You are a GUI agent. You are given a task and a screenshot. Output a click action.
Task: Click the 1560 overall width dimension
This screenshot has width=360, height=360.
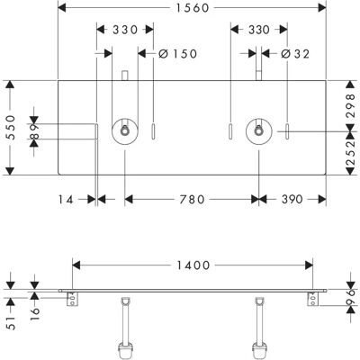point(192,8)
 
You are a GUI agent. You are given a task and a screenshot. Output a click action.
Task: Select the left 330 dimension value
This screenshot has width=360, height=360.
point(125,30)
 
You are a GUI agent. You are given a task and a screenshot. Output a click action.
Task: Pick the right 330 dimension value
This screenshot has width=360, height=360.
point(259,30)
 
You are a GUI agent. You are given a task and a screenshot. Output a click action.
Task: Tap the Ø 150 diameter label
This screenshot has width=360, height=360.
point(178,54)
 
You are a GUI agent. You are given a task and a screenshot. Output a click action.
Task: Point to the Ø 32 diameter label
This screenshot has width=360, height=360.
point(295,54)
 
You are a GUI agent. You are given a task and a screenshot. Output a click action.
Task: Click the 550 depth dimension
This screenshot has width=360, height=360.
point(11,127)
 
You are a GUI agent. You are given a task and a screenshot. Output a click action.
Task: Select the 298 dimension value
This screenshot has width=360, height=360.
point(350,105)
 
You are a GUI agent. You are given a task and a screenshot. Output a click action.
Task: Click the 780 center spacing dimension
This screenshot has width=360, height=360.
point(192,199)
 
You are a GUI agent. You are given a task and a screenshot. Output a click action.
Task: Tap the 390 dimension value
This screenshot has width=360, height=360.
point(292,199)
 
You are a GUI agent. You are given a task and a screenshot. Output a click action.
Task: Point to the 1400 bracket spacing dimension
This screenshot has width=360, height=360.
point(193,265)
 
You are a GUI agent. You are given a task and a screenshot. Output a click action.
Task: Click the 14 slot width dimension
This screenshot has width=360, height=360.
point(66,199)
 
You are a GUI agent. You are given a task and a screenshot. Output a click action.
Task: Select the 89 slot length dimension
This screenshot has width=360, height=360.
point(34,131)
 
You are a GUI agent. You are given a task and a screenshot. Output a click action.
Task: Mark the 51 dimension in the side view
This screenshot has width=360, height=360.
point(11,323)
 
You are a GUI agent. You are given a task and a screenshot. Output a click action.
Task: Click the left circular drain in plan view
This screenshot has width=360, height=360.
point(125,131)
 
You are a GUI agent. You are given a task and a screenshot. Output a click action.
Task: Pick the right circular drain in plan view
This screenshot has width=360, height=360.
point(259,131)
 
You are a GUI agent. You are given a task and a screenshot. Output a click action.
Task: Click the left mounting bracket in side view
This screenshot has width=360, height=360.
point(73,299)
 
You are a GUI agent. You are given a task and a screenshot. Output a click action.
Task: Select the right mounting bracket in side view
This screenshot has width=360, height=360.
point(313,299)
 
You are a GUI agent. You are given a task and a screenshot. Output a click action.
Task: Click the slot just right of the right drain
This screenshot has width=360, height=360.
point(287,131)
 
